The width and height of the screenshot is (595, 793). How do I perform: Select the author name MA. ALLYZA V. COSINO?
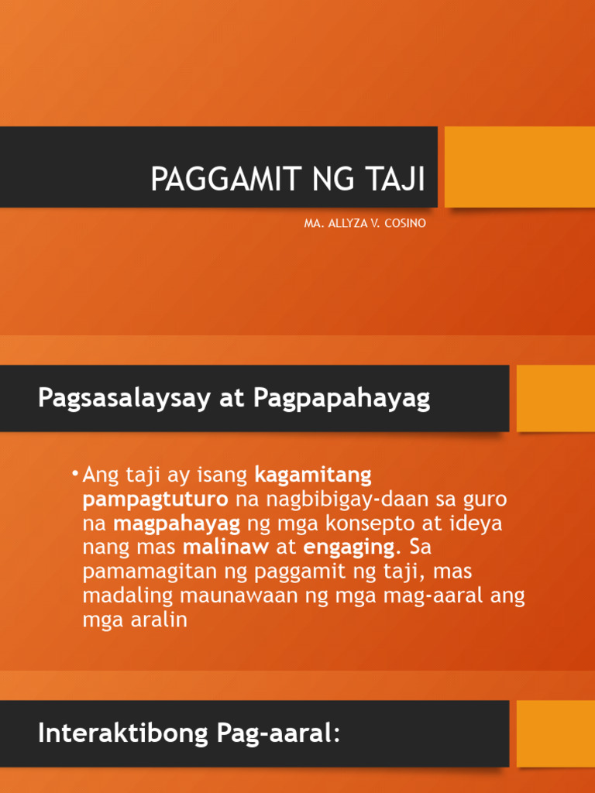tap(365, 224)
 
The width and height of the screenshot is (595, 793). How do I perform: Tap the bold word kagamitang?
tap(313, 473)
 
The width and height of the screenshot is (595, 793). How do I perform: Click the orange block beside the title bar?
tap(519, 166)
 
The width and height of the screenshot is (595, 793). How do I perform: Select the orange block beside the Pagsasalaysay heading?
tap(555, 398)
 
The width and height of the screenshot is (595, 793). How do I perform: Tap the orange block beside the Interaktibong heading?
tap(555, 733)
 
